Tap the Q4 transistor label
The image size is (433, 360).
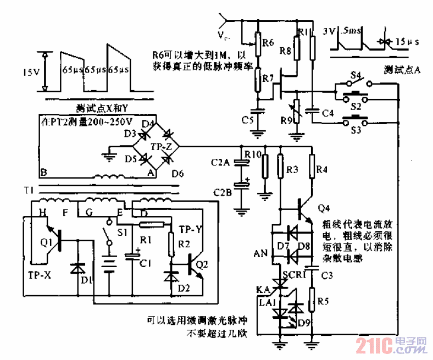324,208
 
